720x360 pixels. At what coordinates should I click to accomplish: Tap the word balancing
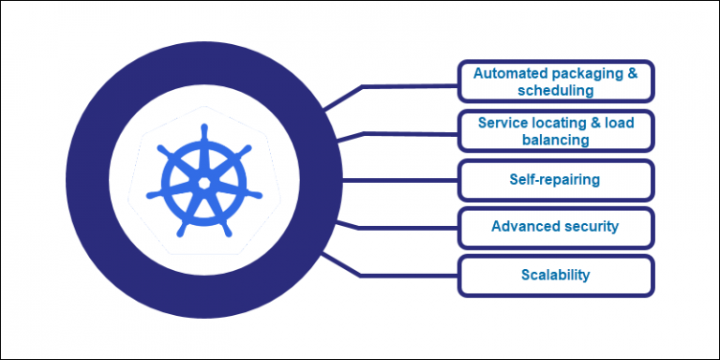555,141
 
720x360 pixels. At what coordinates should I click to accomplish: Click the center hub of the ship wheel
202,181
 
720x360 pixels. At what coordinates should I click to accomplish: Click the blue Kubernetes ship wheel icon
202,181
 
